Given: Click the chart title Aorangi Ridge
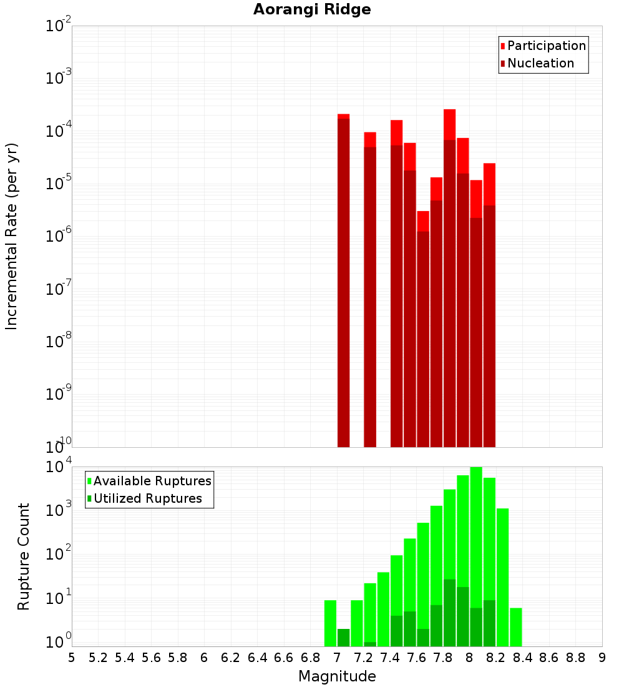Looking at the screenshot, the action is (x=312, y=10).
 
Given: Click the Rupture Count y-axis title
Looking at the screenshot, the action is (x=24, y=556).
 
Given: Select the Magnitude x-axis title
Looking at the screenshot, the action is (x=337, y=676).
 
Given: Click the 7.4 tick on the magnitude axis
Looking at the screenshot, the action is (x=390, y=658).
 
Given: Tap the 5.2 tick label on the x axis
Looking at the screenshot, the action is (x=98, y=658).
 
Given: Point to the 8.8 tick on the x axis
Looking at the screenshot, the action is (x=575, y=658).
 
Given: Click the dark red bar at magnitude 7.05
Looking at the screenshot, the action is (x=343, y=281).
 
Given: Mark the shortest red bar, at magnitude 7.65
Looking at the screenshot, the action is (x=423, y=337).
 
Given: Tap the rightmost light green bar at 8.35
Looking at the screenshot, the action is (x=515, y=626).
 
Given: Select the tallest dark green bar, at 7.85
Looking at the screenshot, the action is (x=449, y=612).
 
